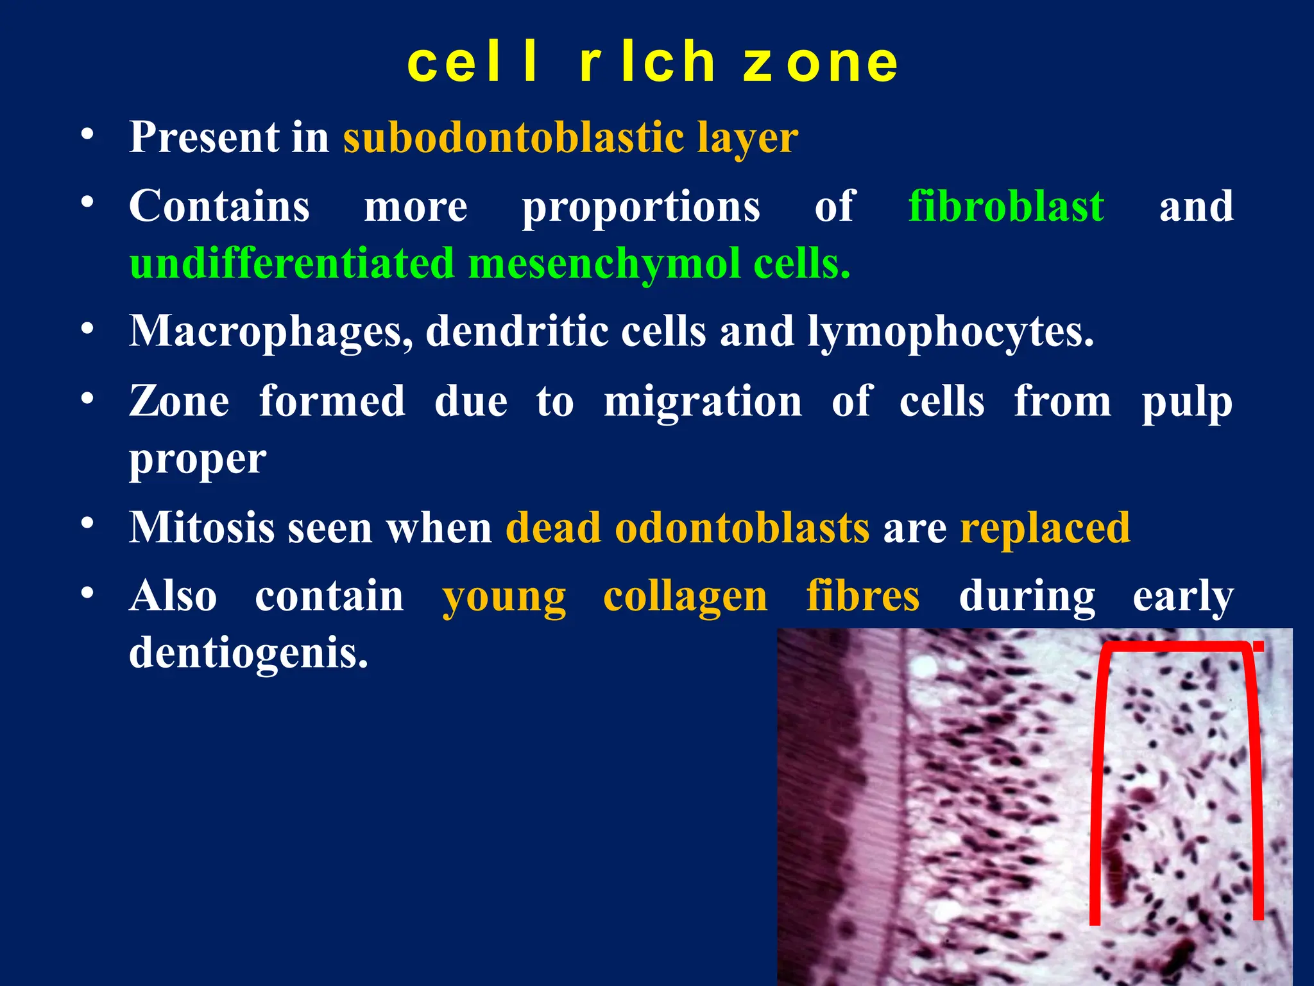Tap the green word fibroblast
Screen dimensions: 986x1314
click(1006, 207)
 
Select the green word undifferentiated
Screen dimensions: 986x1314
click(292, 264)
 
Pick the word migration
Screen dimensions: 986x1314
click(703, 401)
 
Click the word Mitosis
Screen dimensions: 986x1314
click(201, 528)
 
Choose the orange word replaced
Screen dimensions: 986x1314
click(1045, 528)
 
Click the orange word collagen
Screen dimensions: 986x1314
click(685, 596)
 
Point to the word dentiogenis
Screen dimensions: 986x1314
click(248, 653)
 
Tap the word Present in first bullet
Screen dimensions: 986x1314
click(204, 137)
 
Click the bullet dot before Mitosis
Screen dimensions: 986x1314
click(87, 523)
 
